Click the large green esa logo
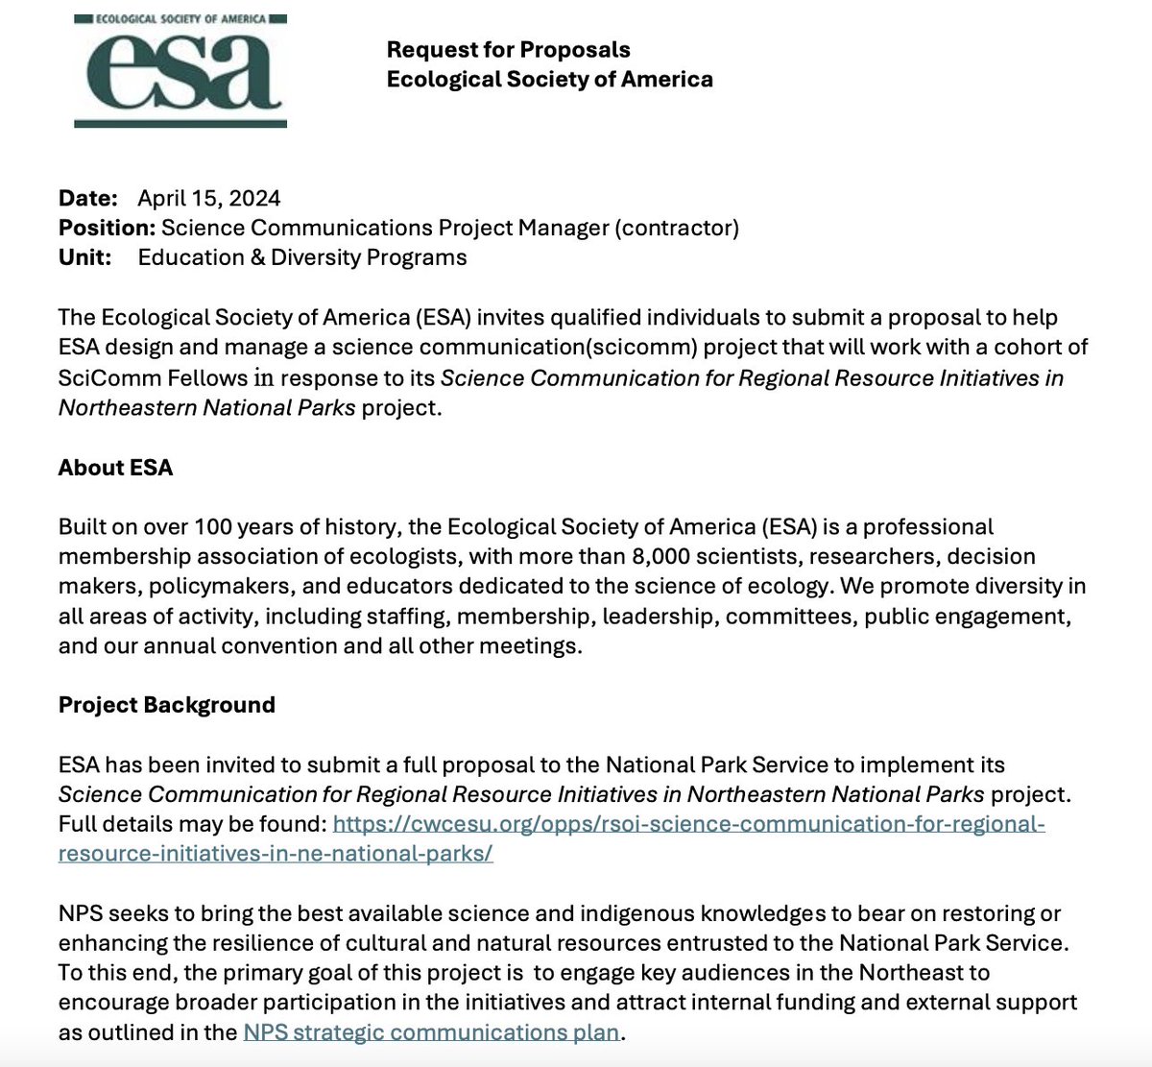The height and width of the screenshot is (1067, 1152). tap(180, 69)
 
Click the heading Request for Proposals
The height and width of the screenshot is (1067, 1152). tap(508, 50)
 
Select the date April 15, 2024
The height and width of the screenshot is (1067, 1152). tap(208, 199)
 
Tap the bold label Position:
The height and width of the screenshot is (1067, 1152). tap(107, 228)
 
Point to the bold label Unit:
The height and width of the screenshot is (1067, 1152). tap(84, 257)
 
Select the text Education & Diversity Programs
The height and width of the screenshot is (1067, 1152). tap(302, 257)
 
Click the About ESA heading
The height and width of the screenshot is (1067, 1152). tap(115, 468)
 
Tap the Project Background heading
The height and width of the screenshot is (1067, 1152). tap(166, 705)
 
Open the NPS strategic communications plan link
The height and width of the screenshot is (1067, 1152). tap(431, 1032)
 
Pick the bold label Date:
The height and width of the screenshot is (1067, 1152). tap(87, 199)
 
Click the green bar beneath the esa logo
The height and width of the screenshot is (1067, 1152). tap(180, 122)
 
